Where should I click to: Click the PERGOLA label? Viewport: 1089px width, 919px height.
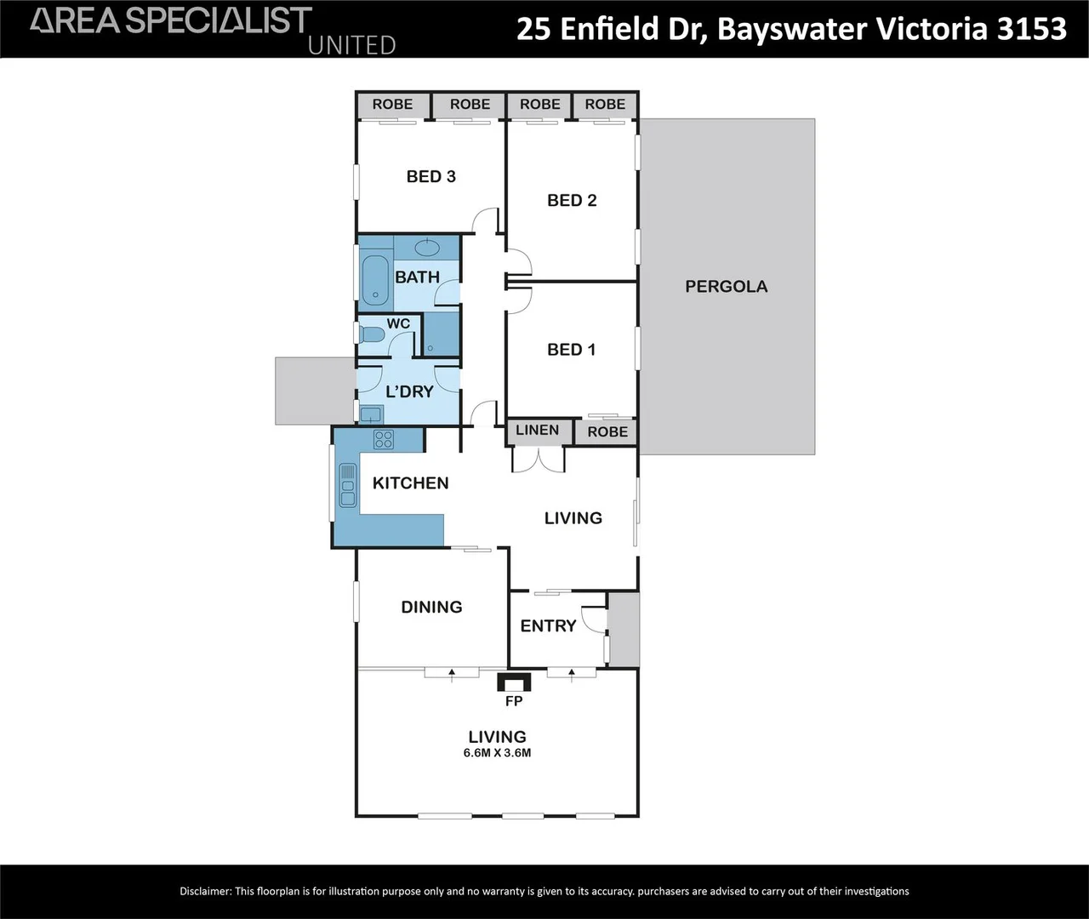(x=726, y=287)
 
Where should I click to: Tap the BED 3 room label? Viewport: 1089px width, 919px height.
(x=430, y=177)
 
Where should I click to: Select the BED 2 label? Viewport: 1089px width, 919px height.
(x=572, y=200)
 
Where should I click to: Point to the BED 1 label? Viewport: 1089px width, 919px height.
(x=571, y=350)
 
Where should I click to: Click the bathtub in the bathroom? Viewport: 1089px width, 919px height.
(x=375, y=280)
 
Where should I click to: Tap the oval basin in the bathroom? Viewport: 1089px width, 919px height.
(x=427, y=248)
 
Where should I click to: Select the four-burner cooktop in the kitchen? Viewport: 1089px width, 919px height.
(x=384, y=439)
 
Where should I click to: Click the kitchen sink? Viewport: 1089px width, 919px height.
(x=347, y=486)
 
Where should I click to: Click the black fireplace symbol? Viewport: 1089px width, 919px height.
(x=514, y=682)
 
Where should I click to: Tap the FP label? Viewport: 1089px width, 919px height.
(x=514, y=701)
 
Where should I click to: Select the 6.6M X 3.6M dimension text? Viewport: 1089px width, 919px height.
(x=497, y=752)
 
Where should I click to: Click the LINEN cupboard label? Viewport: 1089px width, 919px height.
(x=537, y=431)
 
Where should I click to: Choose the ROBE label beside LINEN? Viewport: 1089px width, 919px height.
(x=607, y=432)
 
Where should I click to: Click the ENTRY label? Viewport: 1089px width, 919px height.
(x=548, y=626)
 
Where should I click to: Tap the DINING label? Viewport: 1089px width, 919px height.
(x=431, y=607)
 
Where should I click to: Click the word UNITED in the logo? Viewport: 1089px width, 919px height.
(x=351, y=46)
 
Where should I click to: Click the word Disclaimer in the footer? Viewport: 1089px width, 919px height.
(x=205, y=892)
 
